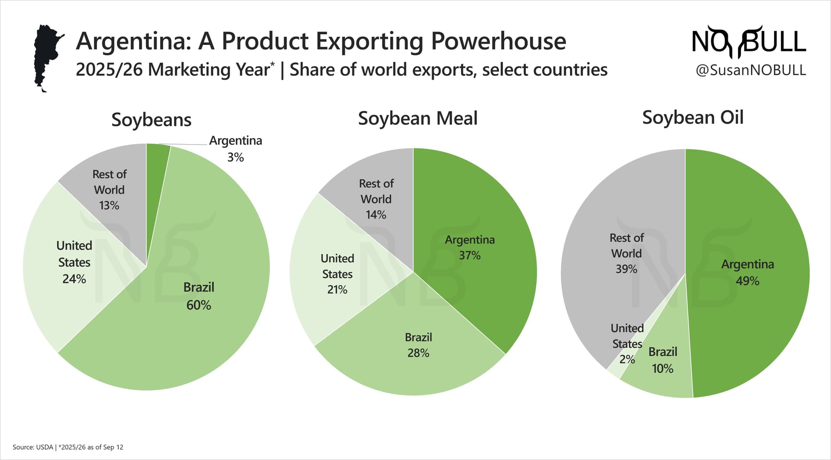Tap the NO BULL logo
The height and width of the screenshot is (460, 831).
(x=748, y=42)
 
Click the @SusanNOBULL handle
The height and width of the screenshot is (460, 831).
(x=750, y=70)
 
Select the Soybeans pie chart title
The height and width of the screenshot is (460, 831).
(x=151, y=120)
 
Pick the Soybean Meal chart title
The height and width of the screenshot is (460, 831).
(x=418, y=119)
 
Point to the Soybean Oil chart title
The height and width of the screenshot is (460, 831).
(x=692, y=118)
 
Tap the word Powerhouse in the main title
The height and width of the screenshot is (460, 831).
(x=498, y=42)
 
